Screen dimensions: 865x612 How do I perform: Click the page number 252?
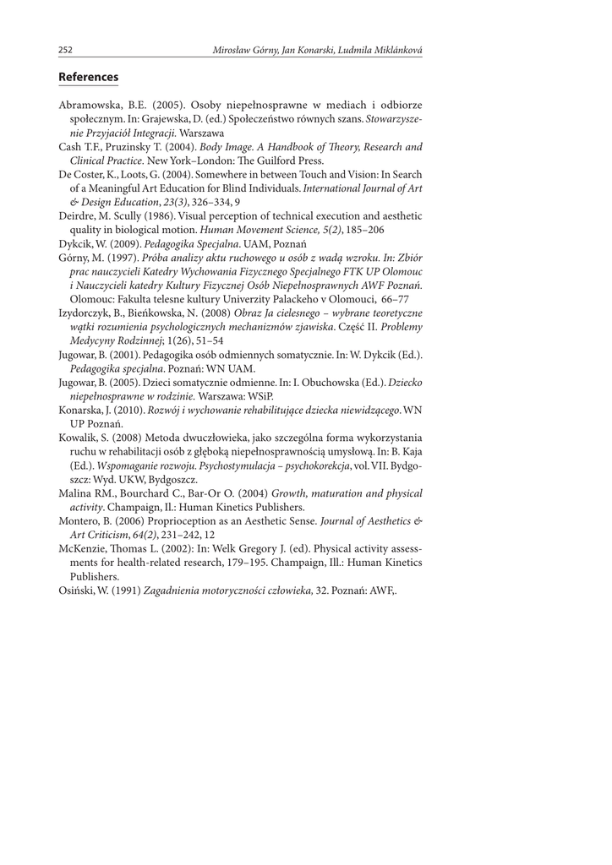(65, 51)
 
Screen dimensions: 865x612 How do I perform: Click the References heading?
(88, 77)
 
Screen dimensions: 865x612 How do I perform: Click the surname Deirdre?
(77, 216)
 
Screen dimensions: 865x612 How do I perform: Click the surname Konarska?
(82, 409)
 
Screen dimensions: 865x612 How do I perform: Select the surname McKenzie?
(84, 547)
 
